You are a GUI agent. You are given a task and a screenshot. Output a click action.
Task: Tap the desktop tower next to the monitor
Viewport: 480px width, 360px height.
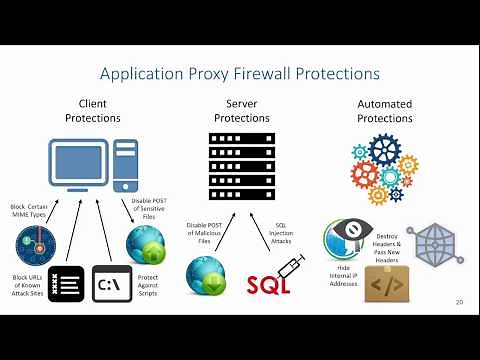[x=127, y=164]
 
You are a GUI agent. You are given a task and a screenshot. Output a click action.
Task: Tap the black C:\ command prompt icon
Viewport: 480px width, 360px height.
[x=111, y=284]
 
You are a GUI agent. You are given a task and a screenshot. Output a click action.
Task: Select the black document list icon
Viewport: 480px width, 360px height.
[x=66, y=284]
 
